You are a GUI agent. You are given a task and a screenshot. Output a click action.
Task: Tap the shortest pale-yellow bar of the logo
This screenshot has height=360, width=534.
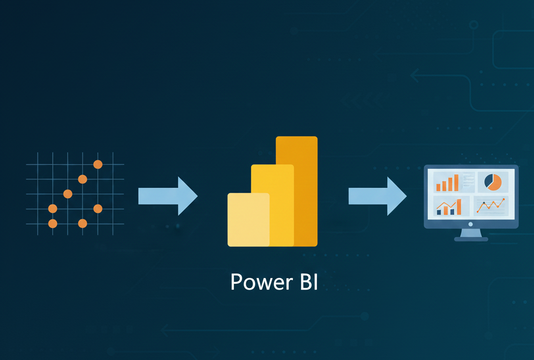point(248,219)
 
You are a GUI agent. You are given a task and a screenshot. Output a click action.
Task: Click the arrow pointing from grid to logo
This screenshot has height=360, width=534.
point(168,196)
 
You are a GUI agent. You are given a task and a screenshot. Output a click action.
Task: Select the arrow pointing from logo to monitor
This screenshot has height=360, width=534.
point(377,196)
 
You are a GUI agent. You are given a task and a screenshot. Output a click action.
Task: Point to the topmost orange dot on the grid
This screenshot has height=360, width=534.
point(98,164)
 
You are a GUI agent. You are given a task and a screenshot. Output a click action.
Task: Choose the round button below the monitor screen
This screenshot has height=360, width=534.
point(471,224)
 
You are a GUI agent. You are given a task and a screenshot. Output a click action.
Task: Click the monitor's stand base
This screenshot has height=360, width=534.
point(471,239)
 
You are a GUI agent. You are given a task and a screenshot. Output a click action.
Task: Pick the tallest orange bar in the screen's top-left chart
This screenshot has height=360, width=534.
point(456,182)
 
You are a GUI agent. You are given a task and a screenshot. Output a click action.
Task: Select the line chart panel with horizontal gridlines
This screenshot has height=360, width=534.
point(491,206)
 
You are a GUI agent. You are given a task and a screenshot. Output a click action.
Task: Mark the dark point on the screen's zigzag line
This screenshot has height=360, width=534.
point(484,202)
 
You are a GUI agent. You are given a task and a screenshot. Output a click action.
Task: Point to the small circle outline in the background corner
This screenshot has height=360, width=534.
point(473,25)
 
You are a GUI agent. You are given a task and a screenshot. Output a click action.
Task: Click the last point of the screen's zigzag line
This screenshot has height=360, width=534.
point(503,199)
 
